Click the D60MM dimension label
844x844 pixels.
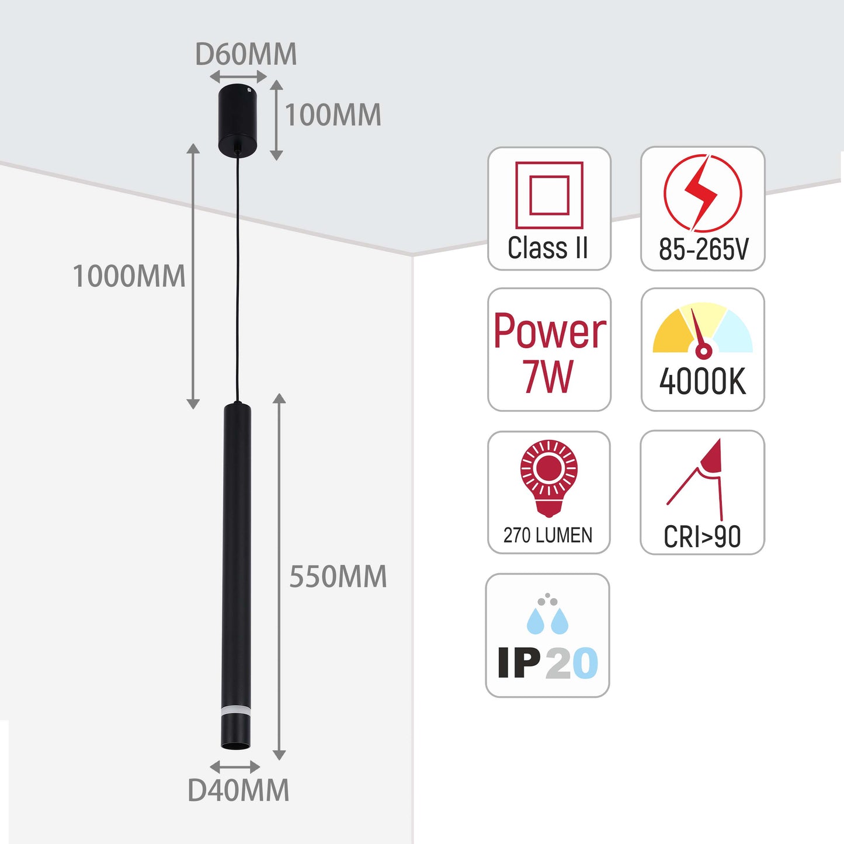coord(246,55)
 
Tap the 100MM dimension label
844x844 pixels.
coord(333,115)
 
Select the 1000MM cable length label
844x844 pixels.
coord(129,276)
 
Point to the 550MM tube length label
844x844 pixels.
coord(338,577)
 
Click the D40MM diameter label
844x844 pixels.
coord(238,791)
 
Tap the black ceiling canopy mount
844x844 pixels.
coord(238,120)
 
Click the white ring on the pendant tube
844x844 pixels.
coord(236,710)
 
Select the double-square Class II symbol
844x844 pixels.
coord(549,195)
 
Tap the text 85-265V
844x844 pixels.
coord(703,249)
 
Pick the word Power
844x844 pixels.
coord(550,331)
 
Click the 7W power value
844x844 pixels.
coord(548,377)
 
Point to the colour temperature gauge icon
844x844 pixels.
coord(703,331)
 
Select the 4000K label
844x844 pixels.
coord(703,382)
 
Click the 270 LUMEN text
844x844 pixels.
coord(548,535)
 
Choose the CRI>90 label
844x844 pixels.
coord(702,537)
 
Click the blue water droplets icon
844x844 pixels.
coord(547,616)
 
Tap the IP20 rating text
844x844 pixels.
coord(548,664)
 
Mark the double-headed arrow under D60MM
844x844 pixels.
coord(238,77)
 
